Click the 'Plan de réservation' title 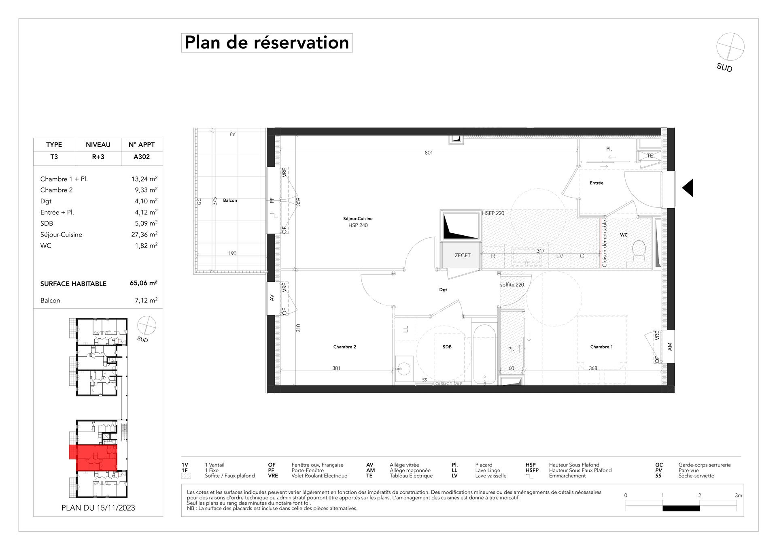click(267, 43)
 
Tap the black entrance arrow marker click(688, 188)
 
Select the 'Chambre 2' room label click(345, 347)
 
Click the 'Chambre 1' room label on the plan click(601, 347)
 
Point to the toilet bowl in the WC click(639, 251)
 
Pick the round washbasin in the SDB click(404, 368)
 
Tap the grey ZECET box click(463, 256)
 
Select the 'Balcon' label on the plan click(230, 200)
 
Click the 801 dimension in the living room click(429, 153)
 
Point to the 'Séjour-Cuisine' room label click(358, 219)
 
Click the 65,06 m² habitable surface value click(144, 283)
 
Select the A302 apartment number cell click(142, 157)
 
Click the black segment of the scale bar click(681, 508)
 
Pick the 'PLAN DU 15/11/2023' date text click(98, 508)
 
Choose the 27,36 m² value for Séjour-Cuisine click(146, 234)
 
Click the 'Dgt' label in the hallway click(443, 290)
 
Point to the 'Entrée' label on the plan click(597, 183)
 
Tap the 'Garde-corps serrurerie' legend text click(705, 465)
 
